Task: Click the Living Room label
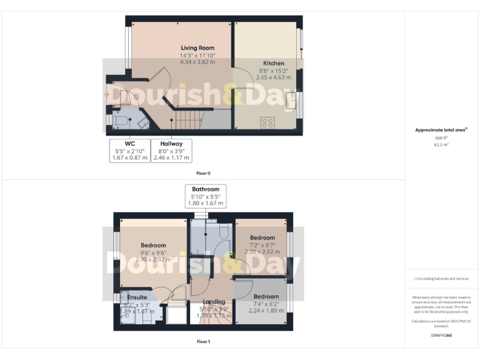coord(197,48)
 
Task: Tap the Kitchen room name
coord(273,63)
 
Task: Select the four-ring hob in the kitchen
coord(267,122)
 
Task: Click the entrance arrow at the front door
coord(107,95)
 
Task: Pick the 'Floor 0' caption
coord(203,172)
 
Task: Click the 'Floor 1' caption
coord(203,342)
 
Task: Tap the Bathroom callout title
coord(206,189)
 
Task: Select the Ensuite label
coord(137,296)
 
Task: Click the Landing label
coord(214,302)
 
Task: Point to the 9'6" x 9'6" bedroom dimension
coord(153,252)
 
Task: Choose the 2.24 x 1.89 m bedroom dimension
coord(266,311)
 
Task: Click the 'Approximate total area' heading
coord(441,130)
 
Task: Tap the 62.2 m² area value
coord(441,144)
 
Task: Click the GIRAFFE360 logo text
coord(441,336)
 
